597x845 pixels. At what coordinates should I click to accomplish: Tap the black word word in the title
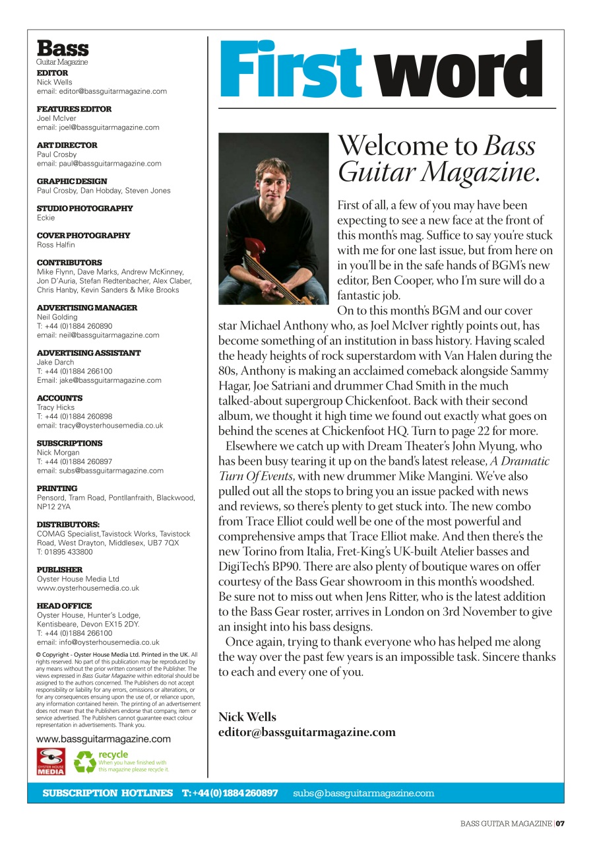point(462,69)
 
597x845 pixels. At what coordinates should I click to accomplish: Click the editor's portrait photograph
point(273,219)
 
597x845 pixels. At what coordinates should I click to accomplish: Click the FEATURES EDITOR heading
point(74,109)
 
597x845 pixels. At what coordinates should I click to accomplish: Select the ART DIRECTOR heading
point(67,145)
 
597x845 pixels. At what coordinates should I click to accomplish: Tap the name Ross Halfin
point(55,245)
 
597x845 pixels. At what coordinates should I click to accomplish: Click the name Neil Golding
point(56,317)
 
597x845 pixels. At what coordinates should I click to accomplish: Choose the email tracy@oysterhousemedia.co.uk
point(100,426)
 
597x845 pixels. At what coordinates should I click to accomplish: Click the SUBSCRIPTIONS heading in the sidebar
point(70,444)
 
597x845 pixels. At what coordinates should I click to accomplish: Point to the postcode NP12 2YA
point(54,507)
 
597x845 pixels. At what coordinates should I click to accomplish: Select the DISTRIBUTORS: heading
point(68,525)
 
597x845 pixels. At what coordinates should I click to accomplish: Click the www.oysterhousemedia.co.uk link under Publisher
point(88,588)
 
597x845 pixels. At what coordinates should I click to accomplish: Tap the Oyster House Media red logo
point(51,761)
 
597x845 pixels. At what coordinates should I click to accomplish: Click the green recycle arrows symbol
point(84,762)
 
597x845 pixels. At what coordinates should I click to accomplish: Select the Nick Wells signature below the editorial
point(247,717)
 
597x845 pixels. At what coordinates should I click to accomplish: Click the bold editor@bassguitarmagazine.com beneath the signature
point(307,732)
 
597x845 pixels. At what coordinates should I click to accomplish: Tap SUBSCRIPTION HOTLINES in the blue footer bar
point(108,793)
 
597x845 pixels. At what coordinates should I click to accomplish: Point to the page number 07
point(561,823)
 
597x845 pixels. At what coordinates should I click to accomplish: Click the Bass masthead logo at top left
point(62,49)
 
